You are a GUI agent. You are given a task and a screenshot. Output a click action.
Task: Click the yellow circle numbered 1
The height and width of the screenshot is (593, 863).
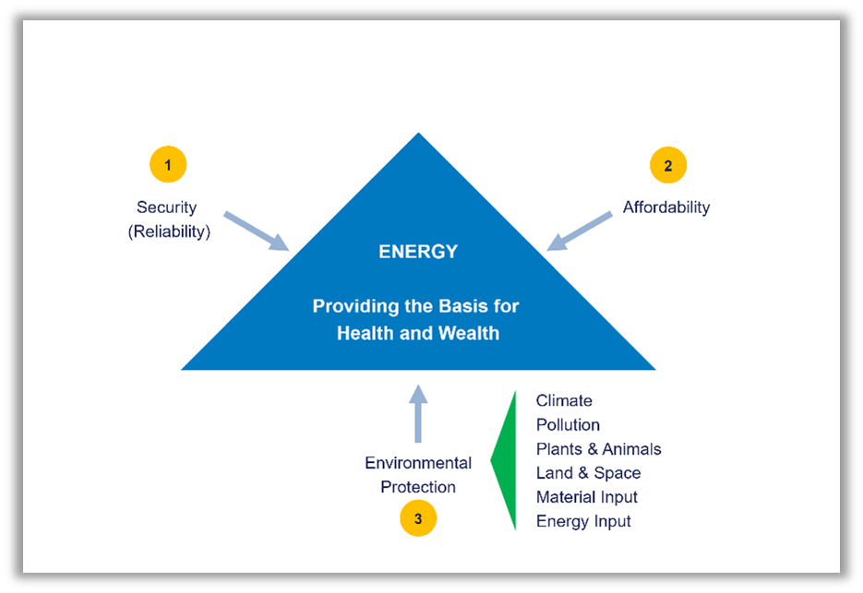pos(168,165)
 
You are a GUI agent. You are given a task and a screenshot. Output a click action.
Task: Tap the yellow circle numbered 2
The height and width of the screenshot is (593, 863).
pos(668,166)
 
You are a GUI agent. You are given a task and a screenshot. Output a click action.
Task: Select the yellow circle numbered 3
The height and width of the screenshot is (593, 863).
pos(418,518)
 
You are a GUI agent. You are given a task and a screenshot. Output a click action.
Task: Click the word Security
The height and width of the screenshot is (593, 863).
pos(167,208)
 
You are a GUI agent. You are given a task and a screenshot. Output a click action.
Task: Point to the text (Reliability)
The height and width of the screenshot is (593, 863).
pos(169,231)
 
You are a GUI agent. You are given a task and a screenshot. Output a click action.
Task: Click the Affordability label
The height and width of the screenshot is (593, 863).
pos(666,208)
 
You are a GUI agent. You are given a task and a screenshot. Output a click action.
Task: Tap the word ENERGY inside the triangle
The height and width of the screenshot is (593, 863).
pos(418,252)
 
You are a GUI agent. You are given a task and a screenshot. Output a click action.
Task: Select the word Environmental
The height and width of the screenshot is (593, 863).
pos(418,463)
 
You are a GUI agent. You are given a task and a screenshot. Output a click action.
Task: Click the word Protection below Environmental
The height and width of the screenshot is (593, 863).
pos(418,487)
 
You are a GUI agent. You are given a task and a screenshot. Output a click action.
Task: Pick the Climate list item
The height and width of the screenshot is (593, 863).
pos(564,401)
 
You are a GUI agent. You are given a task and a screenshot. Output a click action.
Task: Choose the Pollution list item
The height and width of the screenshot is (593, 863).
pos(568,425)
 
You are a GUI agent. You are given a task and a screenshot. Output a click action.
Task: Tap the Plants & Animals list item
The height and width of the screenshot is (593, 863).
pos(598,449)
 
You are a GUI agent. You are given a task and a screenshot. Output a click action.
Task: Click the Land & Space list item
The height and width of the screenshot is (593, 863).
pos(588,473)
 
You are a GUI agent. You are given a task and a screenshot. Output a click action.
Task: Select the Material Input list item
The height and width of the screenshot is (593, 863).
pos(586,497)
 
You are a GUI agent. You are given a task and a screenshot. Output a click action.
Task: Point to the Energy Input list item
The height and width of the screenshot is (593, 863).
pos(583,521)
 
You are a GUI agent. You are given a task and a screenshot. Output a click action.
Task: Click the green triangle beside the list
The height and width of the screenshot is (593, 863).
pos(506,459)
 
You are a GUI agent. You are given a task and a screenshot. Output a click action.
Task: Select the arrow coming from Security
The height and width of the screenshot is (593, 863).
pos(258,231)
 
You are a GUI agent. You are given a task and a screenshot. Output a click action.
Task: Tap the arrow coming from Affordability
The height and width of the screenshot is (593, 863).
pos(580,231)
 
